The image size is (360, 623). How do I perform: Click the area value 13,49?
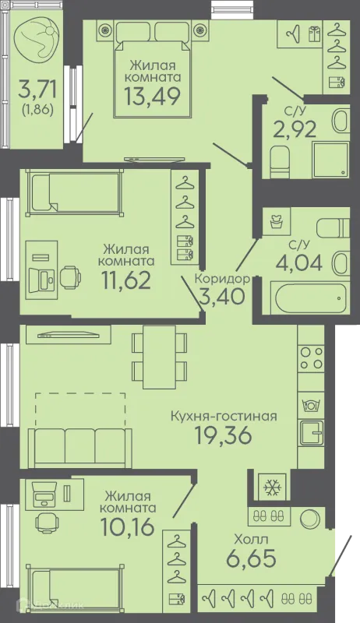[x=152, y=96]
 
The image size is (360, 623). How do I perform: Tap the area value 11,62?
[x=126, y=280]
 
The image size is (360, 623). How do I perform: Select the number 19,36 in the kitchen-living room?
[x=224, y=435]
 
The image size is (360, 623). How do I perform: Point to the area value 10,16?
[x=127, y=527]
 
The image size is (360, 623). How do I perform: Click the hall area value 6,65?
[x=251, y=558]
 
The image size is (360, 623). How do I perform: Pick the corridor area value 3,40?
[x=222, y=297]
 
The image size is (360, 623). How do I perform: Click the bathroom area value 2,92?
[x=295, y=129]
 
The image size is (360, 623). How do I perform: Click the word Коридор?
[x=222, y=279]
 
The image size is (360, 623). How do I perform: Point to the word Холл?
[x=251, y=540]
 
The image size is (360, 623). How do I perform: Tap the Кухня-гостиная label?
[x=224, y=416]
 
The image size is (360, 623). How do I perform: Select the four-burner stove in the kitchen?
[x=311, y=358]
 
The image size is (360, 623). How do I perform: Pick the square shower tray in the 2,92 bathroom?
[x=331, y=160]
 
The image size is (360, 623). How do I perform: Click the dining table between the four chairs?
[x=159, y=357]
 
